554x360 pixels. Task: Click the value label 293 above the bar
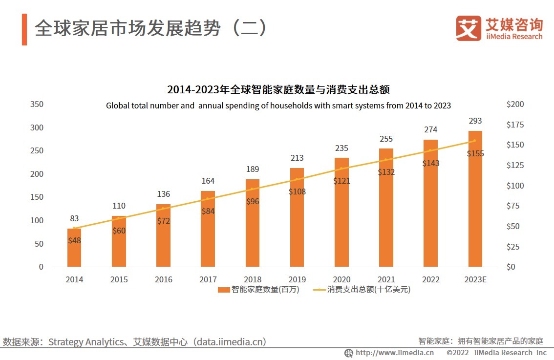tap(475, 121)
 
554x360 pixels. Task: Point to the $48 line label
tap(74, 240)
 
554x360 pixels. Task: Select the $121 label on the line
tap(341, 181)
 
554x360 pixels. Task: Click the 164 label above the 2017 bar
tap(208, 181)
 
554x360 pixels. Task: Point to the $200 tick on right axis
tap(515, 104)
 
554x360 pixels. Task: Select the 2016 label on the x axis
tap(163, 279)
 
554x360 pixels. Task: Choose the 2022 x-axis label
tap(430, 279)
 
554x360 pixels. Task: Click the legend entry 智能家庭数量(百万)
tap(259, 290)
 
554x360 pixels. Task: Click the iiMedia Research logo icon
tap(468, 28)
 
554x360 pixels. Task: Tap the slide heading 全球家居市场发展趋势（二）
tap(151, 28)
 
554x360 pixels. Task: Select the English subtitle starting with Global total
tap(278, 105)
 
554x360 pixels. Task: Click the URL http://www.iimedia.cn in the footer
tap(394, 353)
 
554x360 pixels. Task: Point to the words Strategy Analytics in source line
tap(85, 342)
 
